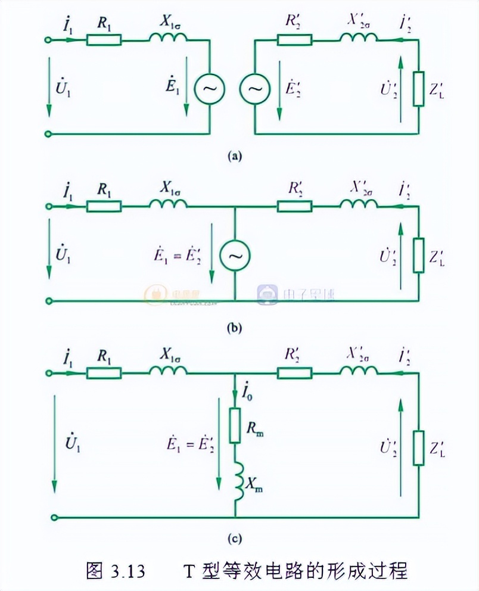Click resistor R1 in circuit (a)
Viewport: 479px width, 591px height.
pyautogui.click(x=104, y=40)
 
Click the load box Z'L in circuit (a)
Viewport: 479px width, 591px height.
pyautogui.click(x=419, y=88)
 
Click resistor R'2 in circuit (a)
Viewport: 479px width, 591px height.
pyautogui.click(x=294, y=40)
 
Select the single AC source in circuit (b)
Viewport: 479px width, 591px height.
pyautogui.click(x=234, y=256)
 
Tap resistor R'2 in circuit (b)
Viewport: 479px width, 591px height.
pyautogui.click(x=294, y=207)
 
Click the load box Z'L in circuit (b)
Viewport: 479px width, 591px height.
pyautogui.click(x=419, y=256)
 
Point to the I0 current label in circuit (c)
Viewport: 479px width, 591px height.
pyautogui.click(x=248, y=393)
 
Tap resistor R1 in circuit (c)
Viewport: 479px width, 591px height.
pyautogui.click(x=104, y=374)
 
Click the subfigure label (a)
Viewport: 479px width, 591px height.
pyautogui.click(x=236, y=156)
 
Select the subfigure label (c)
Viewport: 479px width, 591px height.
pyautogui.click(x=236, y=539)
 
